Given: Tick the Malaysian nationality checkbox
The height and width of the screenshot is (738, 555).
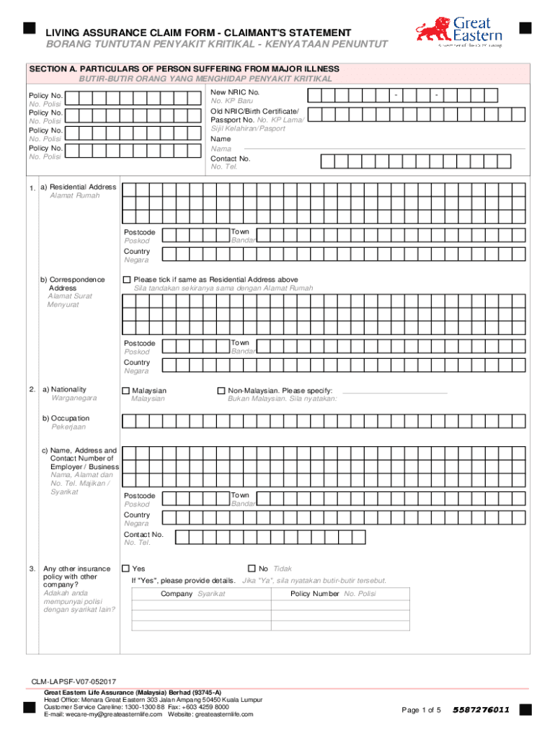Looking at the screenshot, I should pyautogui.click(x=126, y=390).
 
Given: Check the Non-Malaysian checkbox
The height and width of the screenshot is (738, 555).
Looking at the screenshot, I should pyautogui.click(x=221, y=390).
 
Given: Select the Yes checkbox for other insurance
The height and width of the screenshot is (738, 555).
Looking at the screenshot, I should pyautogui.click(x=126, y=569).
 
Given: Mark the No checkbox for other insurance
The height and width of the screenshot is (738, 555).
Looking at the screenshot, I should pyautogui.click(x=252, y=569).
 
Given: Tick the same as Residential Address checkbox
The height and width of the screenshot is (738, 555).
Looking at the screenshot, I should pyautogui.click(x=128, y=280).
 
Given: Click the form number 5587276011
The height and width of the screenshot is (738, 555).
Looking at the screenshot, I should pyautogui.click(x=481, y=710).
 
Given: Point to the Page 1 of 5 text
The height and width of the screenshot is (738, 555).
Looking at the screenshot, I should pyautogui.click(x=421, y=710).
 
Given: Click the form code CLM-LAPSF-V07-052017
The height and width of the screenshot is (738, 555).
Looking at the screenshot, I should pyautogui.click(x=74, y=681).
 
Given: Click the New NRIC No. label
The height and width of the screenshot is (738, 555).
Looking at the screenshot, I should pyautogui.click(x=235, y=93).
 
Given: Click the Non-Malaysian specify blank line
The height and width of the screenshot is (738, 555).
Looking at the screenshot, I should pyautogui.click(x=394, y=393).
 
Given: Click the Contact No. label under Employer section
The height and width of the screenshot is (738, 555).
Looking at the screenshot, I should pyautogui.click(x=143, y=535).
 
